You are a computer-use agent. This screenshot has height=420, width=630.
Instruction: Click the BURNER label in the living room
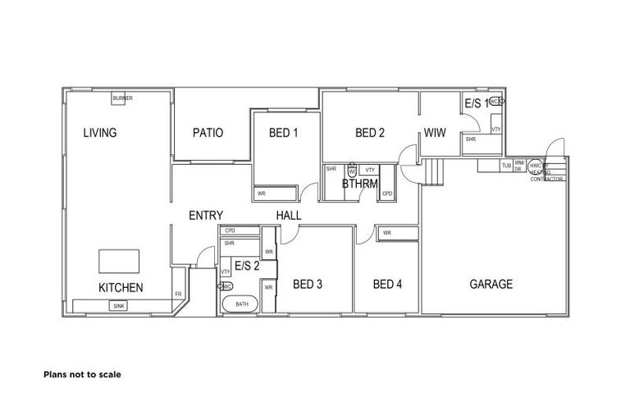[x=123, y=98]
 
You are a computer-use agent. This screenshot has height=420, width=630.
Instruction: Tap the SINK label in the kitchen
[x=118, y=305]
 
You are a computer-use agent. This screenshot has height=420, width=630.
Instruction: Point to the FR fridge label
[x=178, y=294]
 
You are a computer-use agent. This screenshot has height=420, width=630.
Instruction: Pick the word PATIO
[x=208, y=133]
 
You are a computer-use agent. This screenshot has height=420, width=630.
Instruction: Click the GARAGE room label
[x=491, y=285]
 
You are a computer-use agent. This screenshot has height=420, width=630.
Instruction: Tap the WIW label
[x=435, y=133]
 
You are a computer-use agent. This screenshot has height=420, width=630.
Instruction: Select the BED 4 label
[x=387, y=285]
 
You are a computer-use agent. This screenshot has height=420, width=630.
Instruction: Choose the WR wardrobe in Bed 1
[x=262, y=194]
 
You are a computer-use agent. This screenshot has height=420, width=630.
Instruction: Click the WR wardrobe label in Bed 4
[x=386, y=233]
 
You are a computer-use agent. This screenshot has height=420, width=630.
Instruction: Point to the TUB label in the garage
[x=506, y=166]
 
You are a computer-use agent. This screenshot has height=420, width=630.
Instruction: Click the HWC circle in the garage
[x=533, y=164]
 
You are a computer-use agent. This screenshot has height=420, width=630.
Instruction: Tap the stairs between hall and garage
[x=432, y=171]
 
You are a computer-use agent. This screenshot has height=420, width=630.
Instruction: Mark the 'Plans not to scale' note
[x=82, y=374]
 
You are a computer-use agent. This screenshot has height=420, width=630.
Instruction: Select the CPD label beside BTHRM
[x=386, y=194]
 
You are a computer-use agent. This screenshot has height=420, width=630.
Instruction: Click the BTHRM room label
[x=359, y=185]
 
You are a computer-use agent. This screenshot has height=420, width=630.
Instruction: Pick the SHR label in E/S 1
[x=471, y=139]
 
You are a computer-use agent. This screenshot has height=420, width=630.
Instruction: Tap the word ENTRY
[x=206, y=215]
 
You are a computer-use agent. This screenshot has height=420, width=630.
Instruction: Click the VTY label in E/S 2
[x=225, y=271]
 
